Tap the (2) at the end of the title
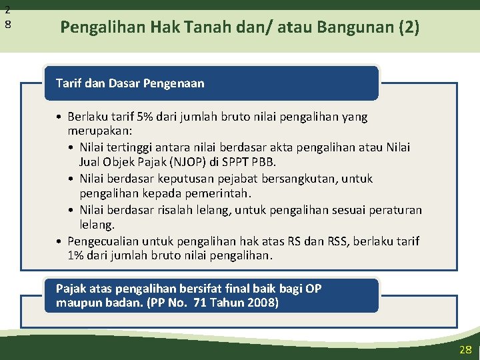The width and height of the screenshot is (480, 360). (x=409, y=27)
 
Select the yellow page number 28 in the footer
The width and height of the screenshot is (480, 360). (x=465, y=349)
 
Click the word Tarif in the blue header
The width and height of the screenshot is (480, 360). (x=68, y=83)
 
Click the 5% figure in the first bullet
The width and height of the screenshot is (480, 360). (x=145, y=117)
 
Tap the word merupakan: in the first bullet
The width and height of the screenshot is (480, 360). (x=100, y=131)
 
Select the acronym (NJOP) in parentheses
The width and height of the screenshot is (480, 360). (x=187, y=162)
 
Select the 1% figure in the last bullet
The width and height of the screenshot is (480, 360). (x=75, y=255)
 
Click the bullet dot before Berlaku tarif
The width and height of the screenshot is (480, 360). (x=59, y=117)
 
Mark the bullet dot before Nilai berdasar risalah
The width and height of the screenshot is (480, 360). (x=71, y=210)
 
